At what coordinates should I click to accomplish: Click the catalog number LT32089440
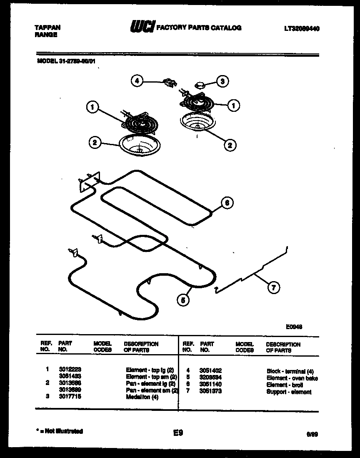[302, 28]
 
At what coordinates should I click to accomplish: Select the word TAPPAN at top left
[47, 28]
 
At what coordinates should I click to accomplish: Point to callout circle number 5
[182, 299]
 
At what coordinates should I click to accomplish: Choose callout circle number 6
[226, 203]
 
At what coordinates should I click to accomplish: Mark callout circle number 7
[273, 287]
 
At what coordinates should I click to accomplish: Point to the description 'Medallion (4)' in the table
[142, 397]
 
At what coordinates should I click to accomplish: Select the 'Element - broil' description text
[283, 385]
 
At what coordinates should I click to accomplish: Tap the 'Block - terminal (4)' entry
[290, 371]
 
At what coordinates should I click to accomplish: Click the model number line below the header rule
[66, 61]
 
